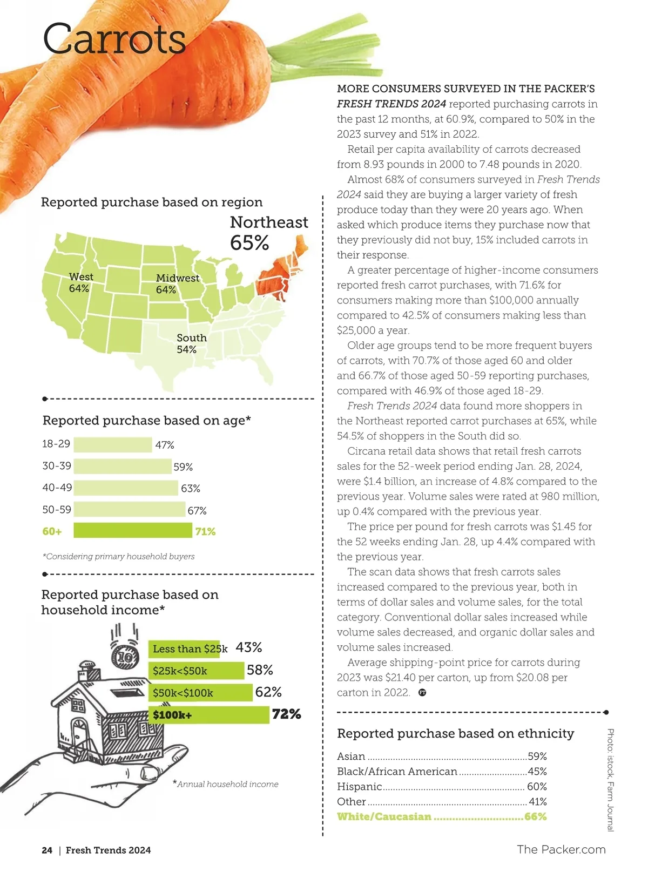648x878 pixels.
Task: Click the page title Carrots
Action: [x=114, y=38]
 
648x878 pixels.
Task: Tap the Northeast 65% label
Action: [x=268, y=232]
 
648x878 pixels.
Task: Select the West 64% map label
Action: [x=80, y=282]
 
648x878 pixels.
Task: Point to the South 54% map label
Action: [x=191, y=343]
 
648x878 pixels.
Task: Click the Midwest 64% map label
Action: [x=177, y=283]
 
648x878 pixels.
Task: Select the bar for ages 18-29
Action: [x=112, y=445]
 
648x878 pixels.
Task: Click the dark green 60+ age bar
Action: [x=132, y=531]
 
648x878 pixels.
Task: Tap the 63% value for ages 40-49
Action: [x=191, y=489]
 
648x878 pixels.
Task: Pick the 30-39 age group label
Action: [x=57, y=465]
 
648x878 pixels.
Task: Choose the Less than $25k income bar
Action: [x=184, y=649]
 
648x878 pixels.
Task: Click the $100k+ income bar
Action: [x=208, y=715]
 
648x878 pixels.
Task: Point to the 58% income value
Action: [x=260, y=670]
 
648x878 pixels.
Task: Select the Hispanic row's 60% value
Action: [x=537, y=787]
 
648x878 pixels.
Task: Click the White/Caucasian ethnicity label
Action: [x=384, y=817]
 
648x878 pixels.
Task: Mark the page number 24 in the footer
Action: [x=47, y=850]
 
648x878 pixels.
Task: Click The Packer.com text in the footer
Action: [x=561, y=849]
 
